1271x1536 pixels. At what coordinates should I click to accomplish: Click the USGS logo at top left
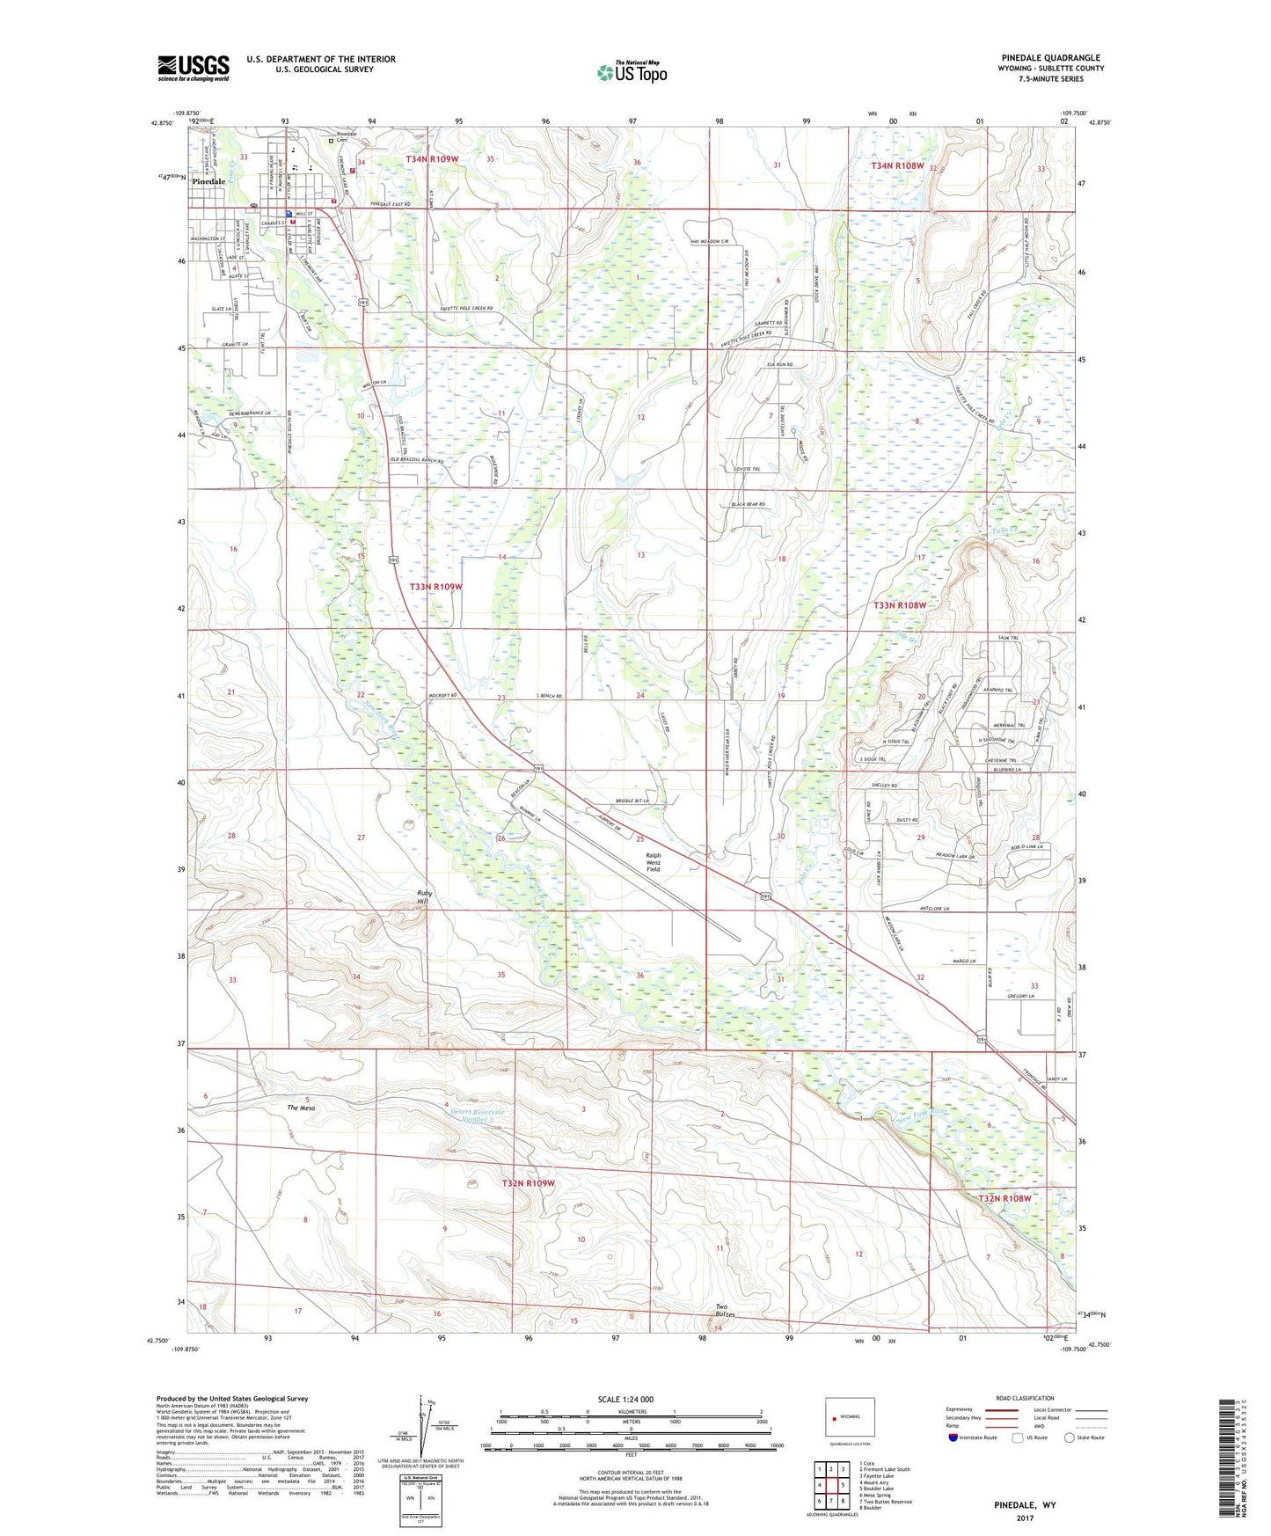click(x=194, y=68)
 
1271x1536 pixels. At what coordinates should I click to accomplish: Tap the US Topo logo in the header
click(x=632, y=72)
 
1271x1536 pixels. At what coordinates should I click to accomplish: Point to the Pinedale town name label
click(x=203, y=181)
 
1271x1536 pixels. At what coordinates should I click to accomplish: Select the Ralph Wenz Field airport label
click(x=653, y=861)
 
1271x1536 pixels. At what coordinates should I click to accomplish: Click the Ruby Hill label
click(x=426, y=897)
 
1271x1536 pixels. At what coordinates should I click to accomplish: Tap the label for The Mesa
click(x=301, y=1108)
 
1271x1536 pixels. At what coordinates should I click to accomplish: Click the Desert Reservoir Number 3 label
click(x=478, y=1115)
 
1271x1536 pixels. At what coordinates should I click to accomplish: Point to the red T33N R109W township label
click(x=435, y=586)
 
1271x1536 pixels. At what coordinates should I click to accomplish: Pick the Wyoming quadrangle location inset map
click(x=850, y=1418)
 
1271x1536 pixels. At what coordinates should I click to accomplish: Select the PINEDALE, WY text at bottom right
click(x=1025, y=1505)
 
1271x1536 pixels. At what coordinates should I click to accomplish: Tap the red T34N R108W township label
click(x=897, y=165)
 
